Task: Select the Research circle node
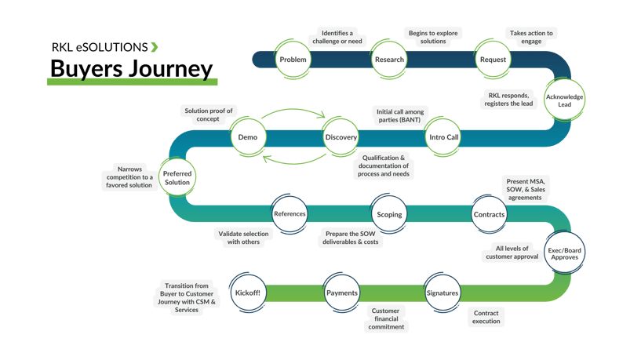point(389,60)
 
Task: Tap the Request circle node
point(493,60)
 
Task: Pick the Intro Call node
point(443,137)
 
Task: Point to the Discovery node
point(341,137)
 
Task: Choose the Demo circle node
point(248,137)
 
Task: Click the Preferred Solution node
point(177,177)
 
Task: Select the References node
point(290,214)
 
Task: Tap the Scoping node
point(389,214)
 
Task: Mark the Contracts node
point(489,214)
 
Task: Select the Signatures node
point(443,293)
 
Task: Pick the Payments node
point(341,293)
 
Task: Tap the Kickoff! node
point(248,293)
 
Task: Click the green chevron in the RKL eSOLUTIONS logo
point(154,47)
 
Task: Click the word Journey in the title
point(167,70)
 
